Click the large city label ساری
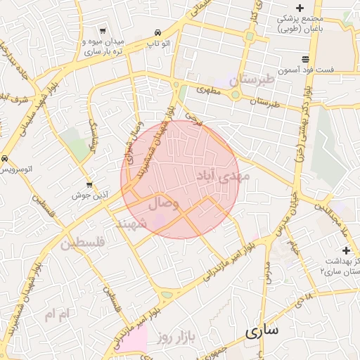(262, 329)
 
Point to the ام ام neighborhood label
(58, 314)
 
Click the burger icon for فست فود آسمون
(305, 60)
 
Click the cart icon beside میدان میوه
(103, 31)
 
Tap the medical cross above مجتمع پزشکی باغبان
(300, 7)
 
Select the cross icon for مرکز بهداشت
(345, 250)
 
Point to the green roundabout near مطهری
(236, 94)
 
